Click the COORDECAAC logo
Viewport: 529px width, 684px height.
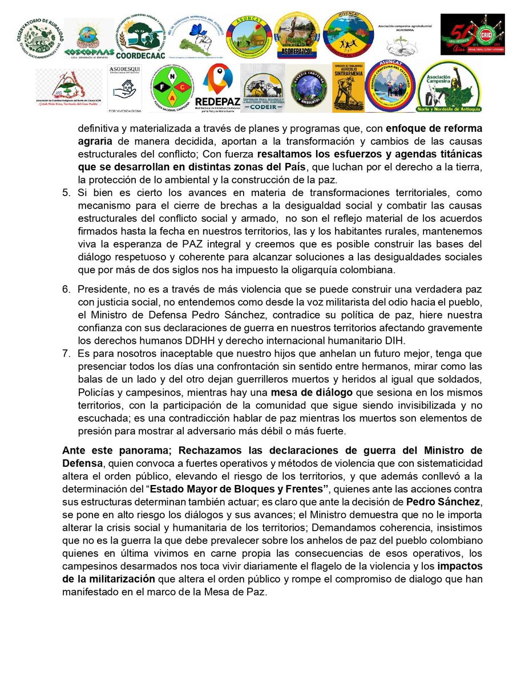[140, 38]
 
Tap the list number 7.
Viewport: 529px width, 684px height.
[66, 354]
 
